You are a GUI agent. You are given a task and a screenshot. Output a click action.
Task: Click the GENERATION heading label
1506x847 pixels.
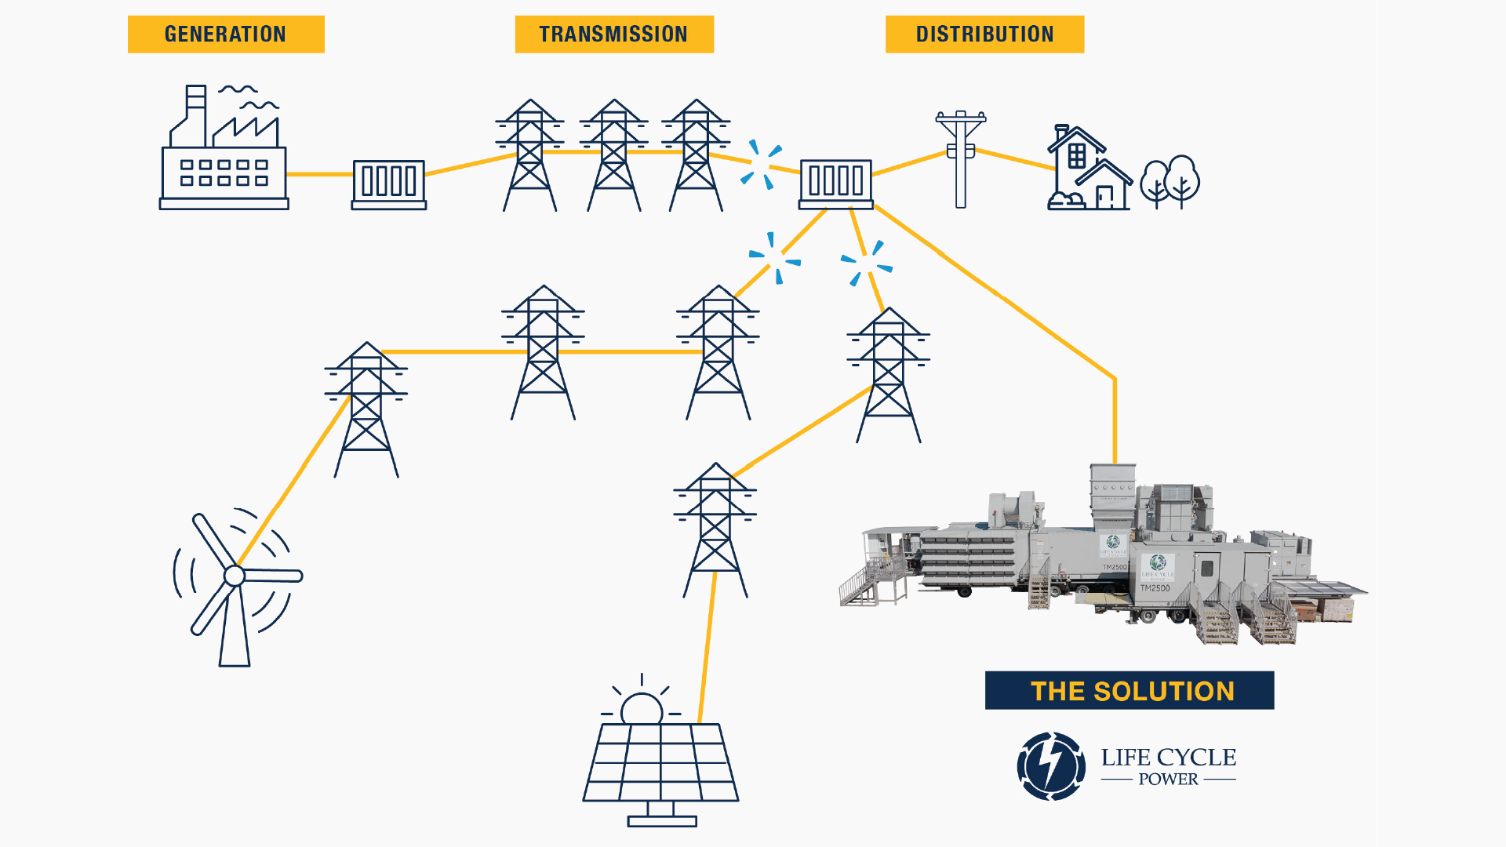[x=226, y=35]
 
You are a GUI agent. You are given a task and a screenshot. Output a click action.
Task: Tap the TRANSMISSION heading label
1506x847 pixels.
[x=614, y=35]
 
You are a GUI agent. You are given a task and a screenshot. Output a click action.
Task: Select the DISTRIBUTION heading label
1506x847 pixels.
[x=984, y=35]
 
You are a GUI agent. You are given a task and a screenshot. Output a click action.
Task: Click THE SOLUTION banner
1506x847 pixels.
[x=1129, y=691]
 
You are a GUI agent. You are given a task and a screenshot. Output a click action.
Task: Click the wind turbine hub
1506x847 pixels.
[x=234, y=576]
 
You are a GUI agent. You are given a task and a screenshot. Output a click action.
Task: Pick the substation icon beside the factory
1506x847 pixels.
[x=389, y=184]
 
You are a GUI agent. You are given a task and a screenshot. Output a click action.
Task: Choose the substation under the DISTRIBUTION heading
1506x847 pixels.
[x=836, y=184]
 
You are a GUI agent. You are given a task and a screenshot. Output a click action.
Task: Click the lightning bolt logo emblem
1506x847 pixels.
[x=1051, y=766]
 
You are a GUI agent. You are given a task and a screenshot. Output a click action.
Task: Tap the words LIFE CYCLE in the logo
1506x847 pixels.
[x=1168, y=758]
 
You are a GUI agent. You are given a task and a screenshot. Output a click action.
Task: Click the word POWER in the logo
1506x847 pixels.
[x=1168, y=780]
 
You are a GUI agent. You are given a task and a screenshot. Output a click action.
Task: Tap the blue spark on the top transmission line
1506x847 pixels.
[x=761, y=164]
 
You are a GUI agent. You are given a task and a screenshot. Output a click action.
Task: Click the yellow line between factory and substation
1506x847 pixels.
[x=320, y=174]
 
